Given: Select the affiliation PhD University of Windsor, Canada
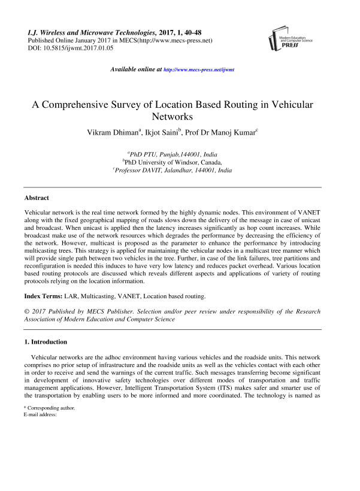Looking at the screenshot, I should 173,162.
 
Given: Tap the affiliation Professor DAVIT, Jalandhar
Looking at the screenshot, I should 173,171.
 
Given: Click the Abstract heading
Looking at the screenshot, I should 37,198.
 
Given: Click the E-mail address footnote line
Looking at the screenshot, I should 40,414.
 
